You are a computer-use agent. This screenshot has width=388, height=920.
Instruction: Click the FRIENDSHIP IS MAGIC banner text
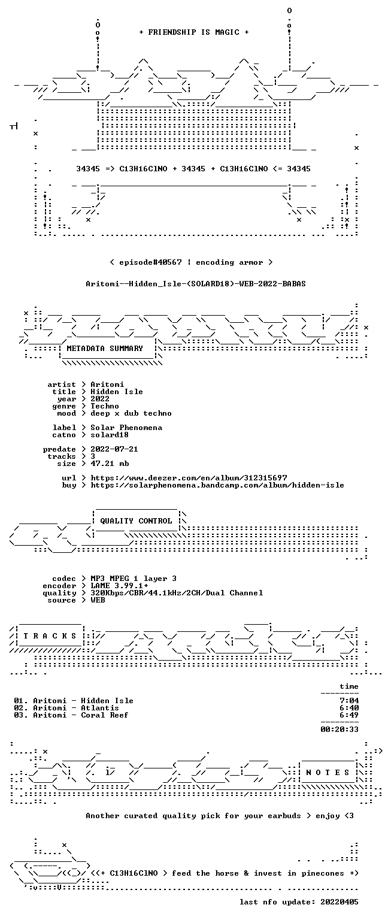coord(194,32)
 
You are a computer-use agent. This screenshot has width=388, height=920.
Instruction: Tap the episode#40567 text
coord(150,262)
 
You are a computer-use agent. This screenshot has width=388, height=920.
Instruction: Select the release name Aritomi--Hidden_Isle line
coord(195,283)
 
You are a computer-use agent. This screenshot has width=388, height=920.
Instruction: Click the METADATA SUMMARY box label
coord(105,348)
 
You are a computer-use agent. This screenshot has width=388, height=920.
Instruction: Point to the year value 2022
coord(100,399)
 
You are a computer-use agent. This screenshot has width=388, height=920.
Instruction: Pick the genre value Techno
coord(105,406)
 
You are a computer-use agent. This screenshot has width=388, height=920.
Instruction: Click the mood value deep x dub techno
coord(131,413)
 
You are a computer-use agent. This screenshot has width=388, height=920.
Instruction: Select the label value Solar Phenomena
coord(126,428)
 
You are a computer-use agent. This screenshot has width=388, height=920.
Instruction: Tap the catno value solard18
coord(109,435)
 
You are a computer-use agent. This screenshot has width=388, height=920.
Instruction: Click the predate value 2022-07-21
coord(114,449)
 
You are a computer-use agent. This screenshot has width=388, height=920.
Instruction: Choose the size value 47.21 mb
coord(109,464)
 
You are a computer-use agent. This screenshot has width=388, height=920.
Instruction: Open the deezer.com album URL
coord(189,478)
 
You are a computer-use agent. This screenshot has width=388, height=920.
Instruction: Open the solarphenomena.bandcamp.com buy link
coord(217,485)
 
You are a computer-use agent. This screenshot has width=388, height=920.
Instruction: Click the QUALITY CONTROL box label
coord(136,520)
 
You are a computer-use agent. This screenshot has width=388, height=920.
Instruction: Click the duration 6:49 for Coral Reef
coord(349,715)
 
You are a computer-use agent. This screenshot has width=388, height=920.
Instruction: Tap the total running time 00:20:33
coord(339,730)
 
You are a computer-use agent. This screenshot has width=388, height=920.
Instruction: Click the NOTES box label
coord(328,773)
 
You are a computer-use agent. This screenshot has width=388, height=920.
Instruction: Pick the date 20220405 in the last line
coord(339,902)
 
